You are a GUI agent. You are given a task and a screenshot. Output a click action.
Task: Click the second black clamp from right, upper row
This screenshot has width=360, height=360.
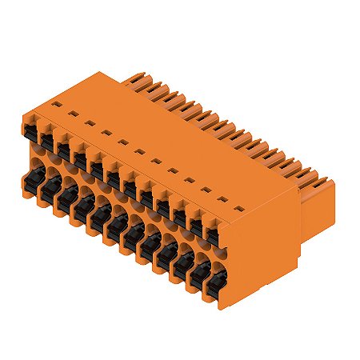(196, 223)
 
